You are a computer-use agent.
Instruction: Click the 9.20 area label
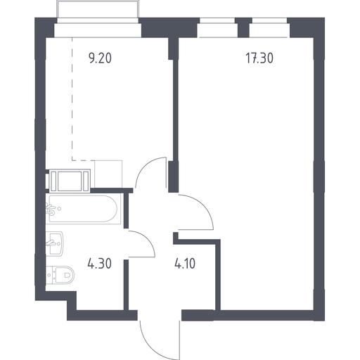(x=100, y=58)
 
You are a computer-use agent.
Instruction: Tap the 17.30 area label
(x=259, y=58)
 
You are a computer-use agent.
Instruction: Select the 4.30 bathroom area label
(x=100, y=264)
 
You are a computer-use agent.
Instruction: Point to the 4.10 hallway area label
(x=185, y=264)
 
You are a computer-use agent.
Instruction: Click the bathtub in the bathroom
(x=84, y=209)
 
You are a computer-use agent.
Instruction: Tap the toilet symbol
(x=60, y=275)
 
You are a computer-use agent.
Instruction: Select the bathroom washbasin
(x=54, y=243)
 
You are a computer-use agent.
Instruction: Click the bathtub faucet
(x=51, y=210)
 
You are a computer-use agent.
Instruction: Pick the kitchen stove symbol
(x=70, y=181)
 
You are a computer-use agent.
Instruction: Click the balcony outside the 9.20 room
(x=98, y=12)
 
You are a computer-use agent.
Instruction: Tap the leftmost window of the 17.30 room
(x=217, y=30)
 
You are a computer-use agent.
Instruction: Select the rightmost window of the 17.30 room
(x=269, y=30)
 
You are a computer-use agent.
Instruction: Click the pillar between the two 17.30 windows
(x=243, y=27)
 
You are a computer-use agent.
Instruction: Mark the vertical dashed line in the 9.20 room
(x=72, y=98)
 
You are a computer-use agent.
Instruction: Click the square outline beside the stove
(x=108, y=174)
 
